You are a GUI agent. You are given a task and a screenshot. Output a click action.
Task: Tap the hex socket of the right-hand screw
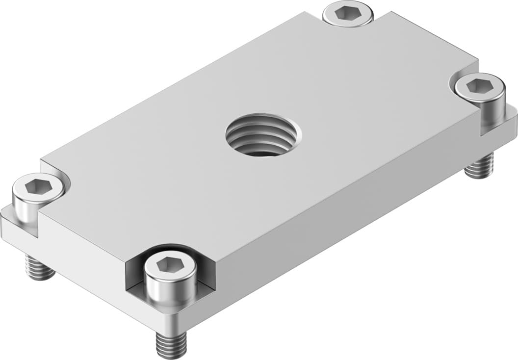point(479,86)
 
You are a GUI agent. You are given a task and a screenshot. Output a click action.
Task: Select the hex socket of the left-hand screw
point(37,187)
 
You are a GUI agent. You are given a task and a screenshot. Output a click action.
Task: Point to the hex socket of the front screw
point(170,266)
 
